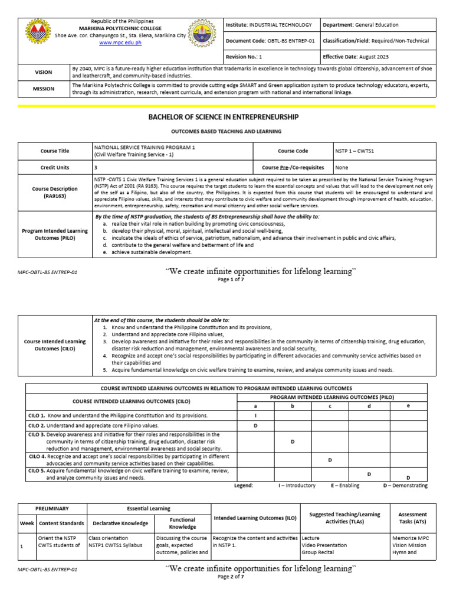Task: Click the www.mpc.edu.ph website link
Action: pos(116,43)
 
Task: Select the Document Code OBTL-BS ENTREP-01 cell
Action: pos(271,41)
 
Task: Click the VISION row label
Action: pos(44,72)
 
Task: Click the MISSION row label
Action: pos(44,88)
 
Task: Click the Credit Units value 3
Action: pos(96,167)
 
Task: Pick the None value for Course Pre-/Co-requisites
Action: pos(342,167)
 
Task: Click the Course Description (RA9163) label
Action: pos(55,193)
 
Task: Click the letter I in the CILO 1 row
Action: pos(255,416)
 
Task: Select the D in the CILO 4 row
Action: pos(330,460)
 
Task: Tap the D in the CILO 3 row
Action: pos(293,441)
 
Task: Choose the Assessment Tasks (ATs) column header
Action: pos(413,518)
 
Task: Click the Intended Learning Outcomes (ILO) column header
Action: pos(255,518)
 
